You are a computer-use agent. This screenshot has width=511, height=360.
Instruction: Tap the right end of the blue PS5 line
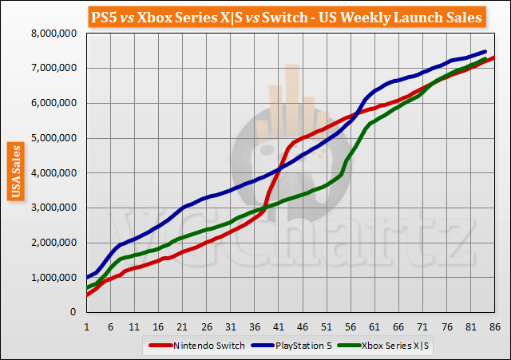[x=485, y=52]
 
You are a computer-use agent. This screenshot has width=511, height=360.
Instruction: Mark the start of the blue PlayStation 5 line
[x=86, y=278]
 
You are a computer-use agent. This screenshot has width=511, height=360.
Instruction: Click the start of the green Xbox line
[x=86, y=288]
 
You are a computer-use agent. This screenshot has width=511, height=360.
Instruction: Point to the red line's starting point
[x=86, y=295]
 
